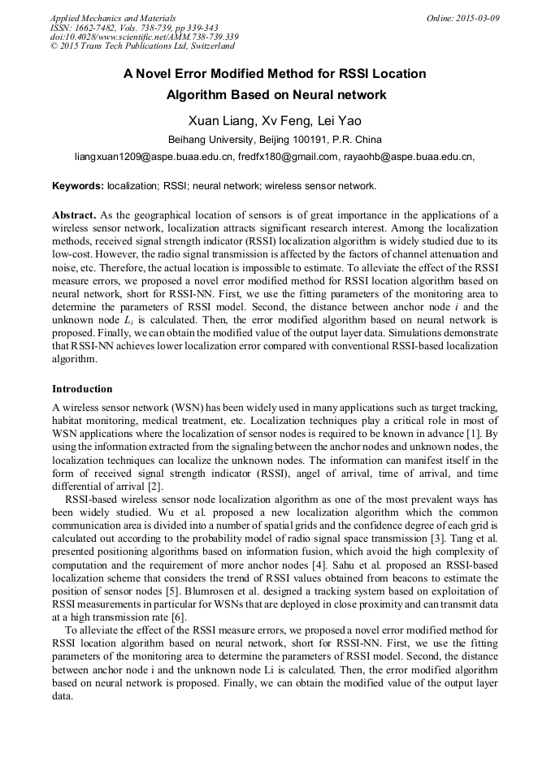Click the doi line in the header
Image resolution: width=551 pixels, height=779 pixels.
[144, 37]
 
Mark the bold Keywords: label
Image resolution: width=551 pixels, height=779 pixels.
[78, 186]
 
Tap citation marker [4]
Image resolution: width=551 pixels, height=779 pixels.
[331, 565]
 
